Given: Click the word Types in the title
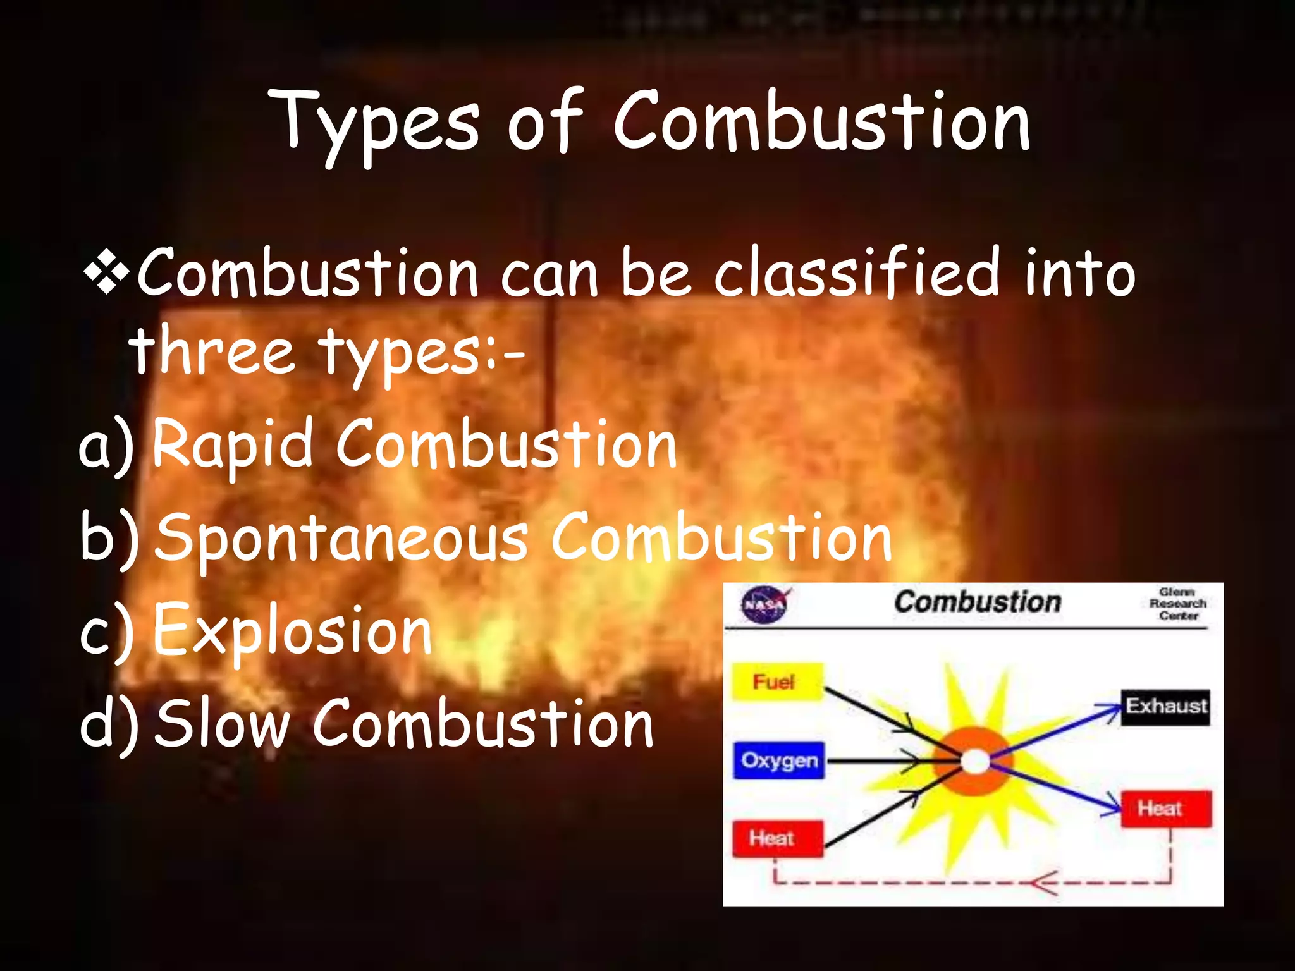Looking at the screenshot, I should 373,123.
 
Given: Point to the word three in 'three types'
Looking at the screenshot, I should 212,351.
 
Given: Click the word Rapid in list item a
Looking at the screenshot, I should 233,444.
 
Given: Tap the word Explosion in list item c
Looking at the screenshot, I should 292,631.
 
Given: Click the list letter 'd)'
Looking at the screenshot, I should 107,725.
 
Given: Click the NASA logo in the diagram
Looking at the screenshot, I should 765,604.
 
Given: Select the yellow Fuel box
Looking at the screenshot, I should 776,682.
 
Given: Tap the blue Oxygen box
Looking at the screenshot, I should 779,760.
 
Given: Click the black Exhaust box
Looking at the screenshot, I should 1165,706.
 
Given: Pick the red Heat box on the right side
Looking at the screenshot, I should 1165,809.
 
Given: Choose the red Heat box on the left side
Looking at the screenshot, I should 777,839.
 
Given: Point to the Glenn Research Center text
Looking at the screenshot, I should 1177,604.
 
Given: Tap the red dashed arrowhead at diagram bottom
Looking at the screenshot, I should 1043,883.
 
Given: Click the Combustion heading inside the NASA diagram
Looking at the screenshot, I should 977,602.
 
